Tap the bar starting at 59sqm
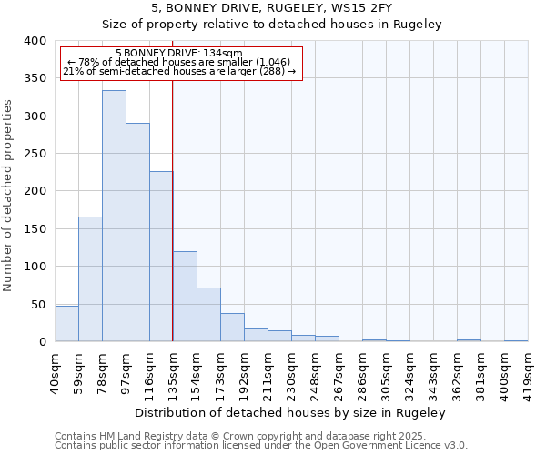point(90,278)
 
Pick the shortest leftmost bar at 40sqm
point(66,324)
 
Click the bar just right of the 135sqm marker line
point(185,297)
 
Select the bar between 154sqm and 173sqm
point(208,315)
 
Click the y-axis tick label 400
point(35,41)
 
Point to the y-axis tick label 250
point(35,154)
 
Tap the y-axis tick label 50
point(38,304)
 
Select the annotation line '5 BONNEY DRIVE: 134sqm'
point(179,54)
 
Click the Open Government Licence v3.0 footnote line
point(261,445)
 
